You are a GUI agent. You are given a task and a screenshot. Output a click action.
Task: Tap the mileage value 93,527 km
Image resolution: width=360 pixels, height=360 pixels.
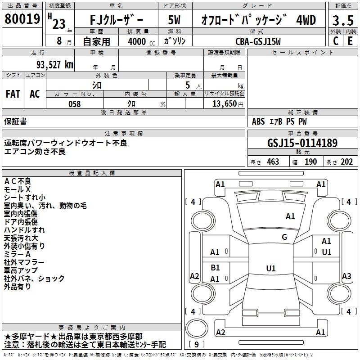coord(51,64)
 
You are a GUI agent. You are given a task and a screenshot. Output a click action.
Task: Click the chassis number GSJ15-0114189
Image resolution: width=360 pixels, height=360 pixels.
coord(302,143)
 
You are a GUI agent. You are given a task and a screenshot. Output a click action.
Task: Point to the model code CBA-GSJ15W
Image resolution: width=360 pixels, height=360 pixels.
coord(258,41)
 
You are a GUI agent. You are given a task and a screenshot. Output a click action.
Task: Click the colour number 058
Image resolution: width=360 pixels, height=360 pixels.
coord(74,103)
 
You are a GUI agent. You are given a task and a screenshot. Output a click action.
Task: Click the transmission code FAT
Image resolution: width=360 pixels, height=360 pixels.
coord(13,94)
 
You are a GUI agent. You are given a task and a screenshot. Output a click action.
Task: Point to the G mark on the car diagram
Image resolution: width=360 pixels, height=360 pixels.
coord(284,237)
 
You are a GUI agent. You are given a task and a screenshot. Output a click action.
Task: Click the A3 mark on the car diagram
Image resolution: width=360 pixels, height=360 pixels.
coord(346,276)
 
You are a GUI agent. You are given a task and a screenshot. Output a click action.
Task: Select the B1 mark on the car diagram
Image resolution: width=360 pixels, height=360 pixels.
coord(215,267)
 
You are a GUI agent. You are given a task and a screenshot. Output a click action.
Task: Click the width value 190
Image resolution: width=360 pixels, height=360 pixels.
coord(311,162)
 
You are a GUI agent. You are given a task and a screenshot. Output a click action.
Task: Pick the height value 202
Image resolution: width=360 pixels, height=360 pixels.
coord(346,162)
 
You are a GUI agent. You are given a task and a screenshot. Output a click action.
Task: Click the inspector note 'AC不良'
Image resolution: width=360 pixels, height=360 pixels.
coord(18,181)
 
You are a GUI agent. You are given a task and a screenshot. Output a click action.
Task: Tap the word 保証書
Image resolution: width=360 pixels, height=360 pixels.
coord(15,121)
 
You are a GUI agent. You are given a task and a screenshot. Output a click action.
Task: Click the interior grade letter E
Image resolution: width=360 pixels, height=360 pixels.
coord(350,40)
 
